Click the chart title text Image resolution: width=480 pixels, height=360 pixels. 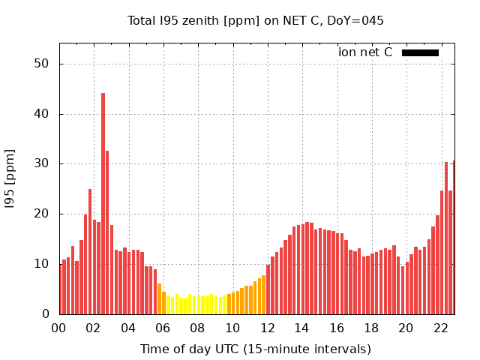pyautogui.click(x=255, y=20)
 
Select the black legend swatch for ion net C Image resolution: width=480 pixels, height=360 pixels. pyautogui.click(x=420, y=52)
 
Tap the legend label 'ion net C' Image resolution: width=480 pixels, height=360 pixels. pyautogui.click(x=365, y=52)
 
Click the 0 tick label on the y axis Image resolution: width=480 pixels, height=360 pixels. pyautogui.click(x=46, y=313)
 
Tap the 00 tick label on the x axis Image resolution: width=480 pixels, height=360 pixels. pyautogui.click(x=58, y=328)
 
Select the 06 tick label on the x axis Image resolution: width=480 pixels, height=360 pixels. pyautogui.click(x=163, y=328)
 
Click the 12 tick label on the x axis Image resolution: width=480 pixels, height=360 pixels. pyautogui.click(x=267, y=328)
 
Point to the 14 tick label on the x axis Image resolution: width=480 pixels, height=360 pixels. pyautogui.click(x=301, y=328)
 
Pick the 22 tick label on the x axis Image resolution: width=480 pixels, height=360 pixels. pyautogui.click(x=440, y=328)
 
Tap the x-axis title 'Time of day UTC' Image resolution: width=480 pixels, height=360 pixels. pyautogui.click(x=256, y=349)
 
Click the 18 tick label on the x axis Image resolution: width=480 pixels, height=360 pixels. pyautogui.click(x=371, y=328)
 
